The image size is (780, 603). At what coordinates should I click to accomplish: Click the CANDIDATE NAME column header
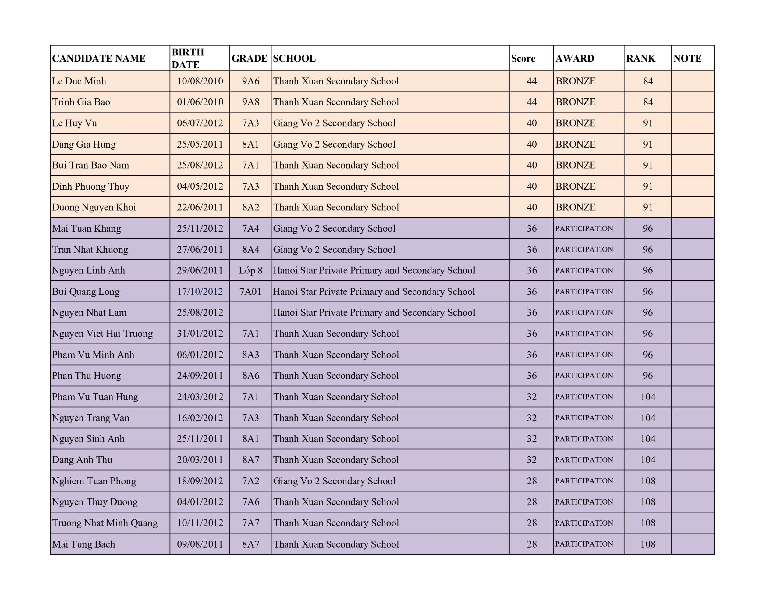click(x=99, y=58)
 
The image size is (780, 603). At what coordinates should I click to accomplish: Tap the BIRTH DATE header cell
click(x=188, y=58)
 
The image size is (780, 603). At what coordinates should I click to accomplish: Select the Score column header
click(x=523, y=58)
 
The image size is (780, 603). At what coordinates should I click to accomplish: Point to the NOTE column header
click(x=687, y=58)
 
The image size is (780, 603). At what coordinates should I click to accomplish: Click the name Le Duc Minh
click(x=79, y=81)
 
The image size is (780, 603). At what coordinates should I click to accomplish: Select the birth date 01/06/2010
click(x=200, y=102)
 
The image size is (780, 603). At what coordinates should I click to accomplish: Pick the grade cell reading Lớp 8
click(x=250, y=271)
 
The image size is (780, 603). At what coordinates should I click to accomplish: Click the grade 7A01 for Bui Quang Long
click(x=250, y=292)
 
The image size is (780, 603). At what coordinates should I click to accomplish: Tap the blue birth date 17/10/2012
click(x=200, y=292)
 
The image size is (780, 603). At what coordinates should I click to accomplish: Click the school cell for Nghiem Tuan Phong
click(x=334, y=481)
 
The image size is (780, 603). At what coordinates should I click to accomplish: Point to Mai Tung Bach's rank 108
click(x=648, y=544)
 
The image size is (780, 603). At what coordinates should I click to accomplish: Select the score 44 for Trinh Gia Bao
click(x=531, y=102)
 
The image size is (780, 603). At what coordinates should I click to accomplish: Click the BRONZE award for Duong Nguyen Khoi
click(x=575, y=207)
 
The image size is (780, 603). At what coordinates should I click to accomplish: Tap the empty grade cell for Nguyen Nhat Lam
click(x=250, y=313)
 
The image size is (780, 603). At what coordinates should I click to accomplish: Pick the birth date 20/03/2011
click(x=200, y=460)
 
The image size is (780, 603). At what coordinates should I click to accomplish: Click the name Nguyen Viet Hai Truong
click(x=102, y=334)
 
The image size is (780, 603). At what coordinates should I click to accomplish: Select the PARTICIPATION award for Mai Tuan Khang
click(x=584, y=228)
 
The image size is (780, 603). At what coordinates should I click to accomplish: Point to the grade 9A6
click(x=250, y=81)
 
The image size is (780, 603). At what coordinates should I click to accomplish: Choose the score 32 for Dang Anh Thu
click(x=531, y=460)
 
